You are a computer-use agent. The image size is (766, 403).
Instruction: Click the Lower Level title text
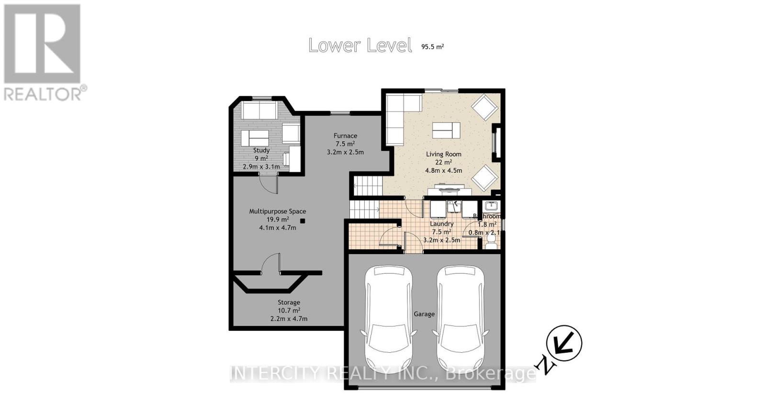click(x=360, y=45)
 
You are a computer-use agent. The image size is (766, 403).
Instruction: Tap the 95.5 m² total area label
click(x=432, y=47)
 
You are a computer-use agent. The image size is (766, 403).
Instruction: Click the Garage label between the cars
click(x=424, y=314)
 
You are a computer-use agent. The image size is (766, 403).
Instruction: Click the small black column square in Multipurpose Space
click(x=303, y=221)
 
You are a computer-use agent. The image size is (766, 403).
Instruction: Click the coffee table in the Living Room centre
click(x=446, y=130)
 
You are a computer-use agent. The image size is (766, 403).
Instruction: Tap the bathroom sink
click(x=491, y=207)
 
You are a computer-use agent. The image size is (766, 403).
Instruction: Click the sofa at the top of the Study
click(x=258, y=111)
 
